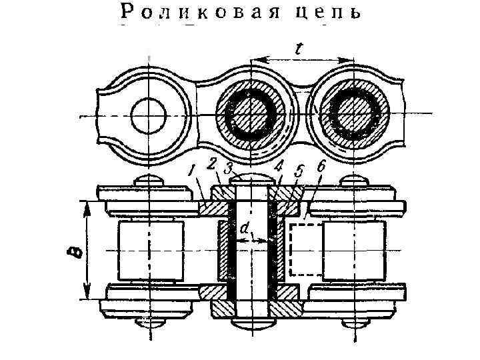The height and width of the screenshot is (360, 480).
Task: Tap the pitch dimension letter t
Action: pyautogui.click(x=301, y=48)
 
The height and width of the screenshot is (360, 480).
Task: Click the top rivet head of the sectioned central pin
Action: pyautogui.click(x=250, y=178)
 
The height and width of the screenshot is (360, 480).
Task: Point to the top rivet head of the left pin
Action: pyautogui.click(x=149, y=181)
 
